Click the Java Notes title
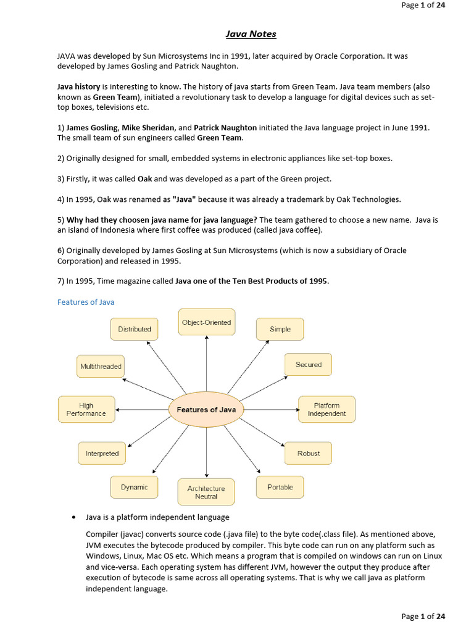coord(251,34)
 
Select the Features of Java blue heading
coord(85,302)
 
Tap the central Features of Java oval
coord(206,410)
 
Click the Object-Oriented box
coord(206,322)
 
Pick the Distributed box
coord(134,329)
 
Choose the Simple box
coord(280,329)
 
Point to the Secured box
coord(308,365)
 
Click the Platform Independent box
coord(326,409)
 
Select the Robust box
coord(308,453)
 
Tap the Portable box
coord(280,487)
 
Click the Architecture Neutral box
coord(206,492)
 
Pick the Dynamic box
coord(134,487)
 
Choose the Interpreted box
coord(102,453)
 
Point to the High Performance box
coord(86,409)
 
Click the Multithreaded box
coord(101,366)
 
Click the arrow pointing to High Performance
coord(142,410)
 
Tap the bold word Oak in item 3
coord(144,179)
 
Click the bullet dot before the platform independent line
coord(74,517)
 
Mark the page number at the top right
coord(423,5)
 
